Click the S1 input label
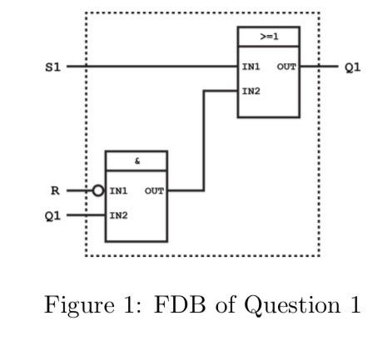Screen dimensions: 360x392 pos(52,66)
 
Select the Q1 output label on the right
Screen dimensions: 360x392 pos(351,66)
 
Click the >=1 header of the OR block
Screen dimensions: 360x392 pos(268,37)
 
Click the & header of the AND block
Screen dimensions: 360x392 pos(136,160)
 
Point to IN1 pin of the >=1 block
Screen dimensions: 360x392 pos(251,66)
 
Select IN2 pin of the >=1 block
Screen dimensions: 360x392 pos(251,89)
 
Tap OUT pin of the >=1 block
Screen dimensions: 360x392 pos(287,66)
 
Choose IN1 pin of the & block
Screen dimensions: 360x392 pos(118,190)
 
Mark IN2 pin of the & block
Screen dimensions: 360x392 pos(118,215)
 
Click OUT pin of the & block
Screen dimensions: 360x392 pos(154,190)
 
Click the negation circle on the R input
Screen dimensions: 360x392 pos(98,190)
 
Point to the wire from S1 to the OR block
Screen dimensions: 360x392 pos(150,66)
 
